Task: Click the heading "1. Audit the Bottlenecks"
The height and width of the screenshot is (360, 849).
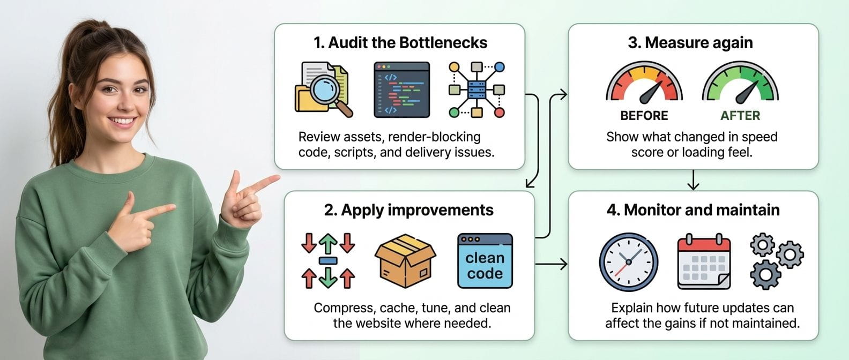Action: click(x=400, y=43)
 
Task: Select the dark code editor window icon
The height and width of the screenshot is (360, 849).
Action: click(x=401, y=90)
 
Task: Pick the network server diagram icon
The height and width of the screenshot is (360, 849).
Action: click(x=476, y=90)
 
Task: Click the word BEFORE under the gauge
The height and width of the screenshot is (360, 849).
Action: click(x=644, y=116)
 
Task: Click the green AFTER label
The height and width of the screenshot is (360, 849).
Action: click(x=740, y=116)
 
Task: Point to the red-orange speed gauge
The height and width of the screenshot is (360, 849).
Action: click(x=644, y=84)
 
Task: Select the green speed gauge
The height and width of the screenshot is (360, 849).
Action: click(x=740, y=84)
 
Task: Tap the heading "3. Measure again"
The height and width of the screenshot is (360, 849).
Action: click(x=690, y=43)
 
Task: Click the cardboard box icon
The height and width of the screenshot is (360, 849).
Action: click(x=405, y=261)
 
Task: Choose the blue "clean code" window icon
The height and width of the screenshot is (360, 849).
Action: click(x=485, y=261)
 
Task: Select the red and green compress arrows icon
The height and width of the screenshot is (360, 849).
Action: click(x=328, y=261)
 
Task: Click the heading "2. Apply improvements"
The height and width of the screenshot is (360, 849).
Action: click(x=408, y=210)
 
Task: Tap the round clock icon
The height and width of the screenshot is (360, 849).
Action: click(x=628, y=262)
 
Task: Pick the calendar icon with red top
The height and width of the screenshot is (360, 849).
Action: click(x=704, y=262)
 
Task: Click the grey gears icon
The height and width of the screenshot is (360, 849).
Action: click(x=776, y=261)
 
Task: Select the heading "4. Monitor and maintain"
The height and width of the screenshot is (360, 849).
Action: click(x=693, y=210)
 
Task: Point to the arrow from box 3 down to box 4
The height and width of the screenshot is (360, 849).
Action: click(x=693, y=181)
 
